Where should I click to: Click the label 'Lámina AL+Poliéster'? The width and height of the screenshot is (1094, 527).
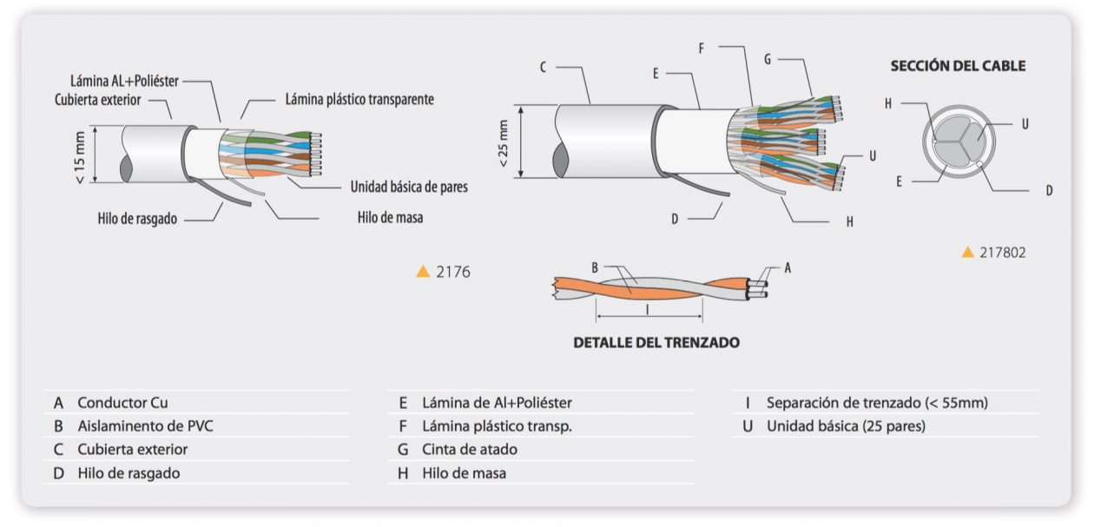click(x=124, y=81)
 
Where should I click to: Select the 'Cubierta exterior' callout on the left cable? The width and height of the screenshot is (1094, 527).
click(x=109, y=97)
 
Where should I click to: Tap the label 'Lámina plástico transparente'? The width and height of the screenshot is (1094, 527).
click(x=359, y=99)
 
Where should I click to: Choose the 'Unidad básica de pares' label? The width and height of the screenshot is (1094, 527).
click(x=408, y=187)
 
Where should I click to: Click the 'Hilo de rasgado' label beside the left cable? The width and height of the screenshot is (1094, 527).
click(x=137, y=219)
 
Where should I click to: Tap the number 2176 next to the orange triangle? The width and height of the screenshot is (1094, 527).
click(x=453, y=272)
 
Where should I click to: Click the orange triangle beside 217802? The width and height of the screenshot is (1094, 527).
click(x=968, y=253)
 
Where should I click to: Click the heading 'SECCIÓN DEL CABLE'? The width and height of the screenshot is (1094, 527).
click(x=958, y=66)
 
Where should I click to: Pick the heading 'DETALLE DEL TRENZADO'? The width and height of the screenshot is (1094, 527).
click(x=656, y=342)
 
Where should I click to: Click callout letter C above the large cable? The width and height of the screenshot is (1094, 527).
click(x=543, y=67)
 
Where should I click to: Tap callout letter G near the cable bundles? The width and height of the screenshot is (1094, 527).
click(x=768, y=60)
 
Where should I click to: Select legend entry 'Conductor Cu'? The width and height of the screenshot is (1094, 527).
click(x=122, y=403)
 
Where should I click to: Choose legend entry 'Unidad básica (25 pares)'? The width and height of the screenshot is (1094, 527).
click(x=845, y=426)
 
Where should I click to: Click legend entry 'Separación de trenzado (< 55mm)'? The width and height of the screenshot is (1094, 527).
click(x=876, y=403)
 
